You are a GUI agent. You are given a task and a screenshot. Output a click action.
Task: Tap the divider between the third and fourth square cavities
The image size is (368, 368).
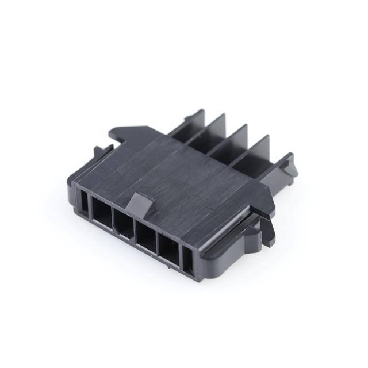(x=158, y=243)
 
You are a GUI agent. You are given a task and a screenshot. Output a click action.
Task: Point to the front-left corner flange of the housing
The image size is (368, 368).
(x=75, y=184)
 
